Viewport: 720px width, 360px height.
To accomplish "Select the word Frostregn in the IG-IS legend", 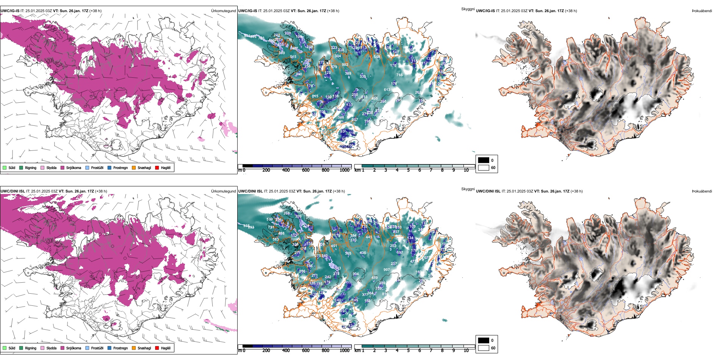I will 120,167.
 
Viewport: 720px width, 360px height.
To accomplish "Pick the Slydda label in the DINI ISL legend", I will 51,348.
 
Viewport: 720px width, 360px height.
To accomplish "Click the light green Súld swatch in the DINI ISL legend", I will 5,348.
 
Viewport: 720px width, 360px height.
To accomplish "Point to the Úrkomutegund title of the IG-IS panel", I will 223,11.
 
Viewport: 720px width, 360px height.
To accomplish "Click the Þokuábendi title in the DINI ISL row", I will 702,191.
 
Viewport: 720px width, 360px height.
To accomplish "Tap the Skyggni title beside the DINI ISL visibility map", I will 468,189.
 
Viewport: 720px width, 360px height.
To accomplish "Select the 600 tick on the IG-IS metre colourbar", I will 305,170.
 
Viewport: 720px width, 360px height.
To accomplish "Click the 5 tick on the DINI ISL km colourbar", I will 408,351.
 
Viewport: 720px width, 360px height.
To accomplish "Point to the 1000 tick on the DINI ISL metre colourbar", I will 344,351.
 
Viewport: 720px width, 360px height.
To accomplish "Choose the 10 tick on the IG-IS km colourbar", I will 466,170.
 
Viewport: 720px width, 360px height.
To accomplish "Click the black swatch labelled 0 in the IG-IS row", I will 484,160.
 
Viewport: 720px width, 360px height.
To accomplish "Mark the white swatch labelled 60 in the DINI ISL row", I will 484,348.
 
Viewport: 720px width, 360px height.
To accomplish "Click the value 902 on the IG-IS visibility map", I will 345,65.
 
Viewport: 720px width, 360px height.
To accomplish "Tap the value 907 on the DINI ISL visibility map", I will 386,270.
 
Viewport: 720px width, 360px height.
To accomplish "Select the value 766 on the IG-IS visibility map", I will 399,75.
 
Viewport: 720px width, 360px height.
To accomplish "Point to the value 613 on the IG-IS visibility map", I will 387,90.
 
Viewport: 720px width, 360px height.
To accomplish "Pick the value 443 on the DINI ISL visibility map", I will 369,237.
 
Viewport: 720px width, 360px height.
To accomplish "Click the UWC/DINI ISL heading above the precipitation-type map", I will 13,191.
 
